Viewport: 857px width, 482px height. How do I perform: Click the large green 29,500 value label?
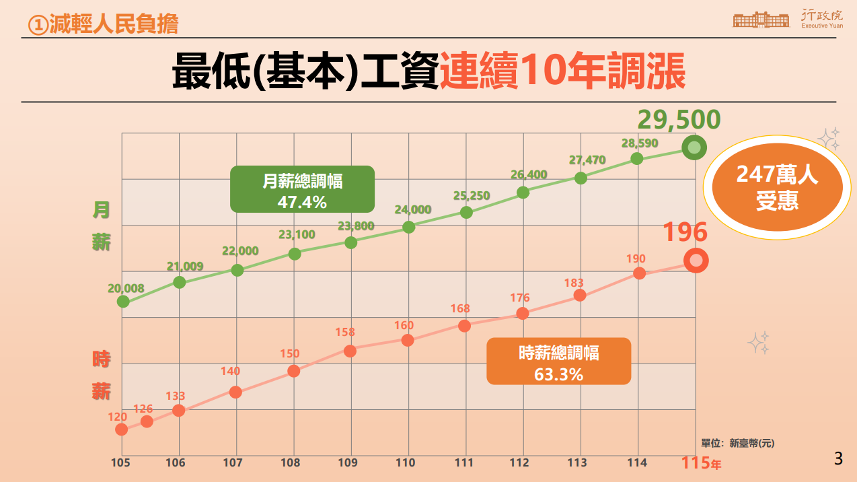[679, 120]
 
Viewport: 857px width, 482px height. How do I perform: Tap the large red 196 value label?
[685, 232]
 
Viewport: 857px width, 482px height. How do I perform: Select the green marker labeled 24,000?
[408, 227]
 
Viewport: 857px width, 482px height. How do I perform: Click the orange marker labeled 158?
[350, 351]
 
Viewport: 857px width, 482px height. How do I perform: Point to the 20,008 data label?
[126, 288]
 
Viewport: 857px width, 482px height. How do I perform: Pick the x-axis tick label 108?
[290, 463]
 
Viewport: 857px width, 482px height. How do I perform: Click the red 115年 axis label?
[702, 463]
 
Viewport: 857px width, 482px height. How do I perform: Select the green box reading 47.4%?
[302, 189]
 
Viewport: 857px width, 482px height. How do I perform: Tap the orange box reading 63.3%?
[558, 361]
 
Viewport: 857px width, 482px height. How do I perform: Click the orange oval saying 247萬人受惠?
[777, 188]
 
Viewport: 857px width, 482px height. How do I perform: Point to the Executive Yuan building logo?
[761, 20]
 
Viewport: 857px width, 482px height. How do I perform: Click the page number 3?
[838, 460]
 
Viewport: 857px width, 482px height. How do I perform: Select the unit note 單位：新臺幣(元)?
[737, 443]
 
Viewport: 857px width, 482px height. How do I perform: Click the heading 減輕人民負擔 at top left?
[104, 25]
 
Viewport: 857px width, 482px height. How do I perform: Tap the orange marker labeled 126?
[147, 421]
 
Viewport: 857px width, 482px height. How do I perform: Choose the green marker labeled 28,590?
[637, 159]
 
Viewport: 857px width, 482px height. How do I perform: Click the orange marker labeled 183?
[579, 296]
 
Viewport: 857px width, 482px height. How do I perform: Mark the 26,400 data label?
[529, 174]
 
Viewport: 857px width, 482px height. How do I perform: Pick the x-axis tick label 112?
[519, 463]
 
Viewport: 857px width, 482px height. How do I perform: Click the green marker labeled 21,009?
[179, 282]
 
